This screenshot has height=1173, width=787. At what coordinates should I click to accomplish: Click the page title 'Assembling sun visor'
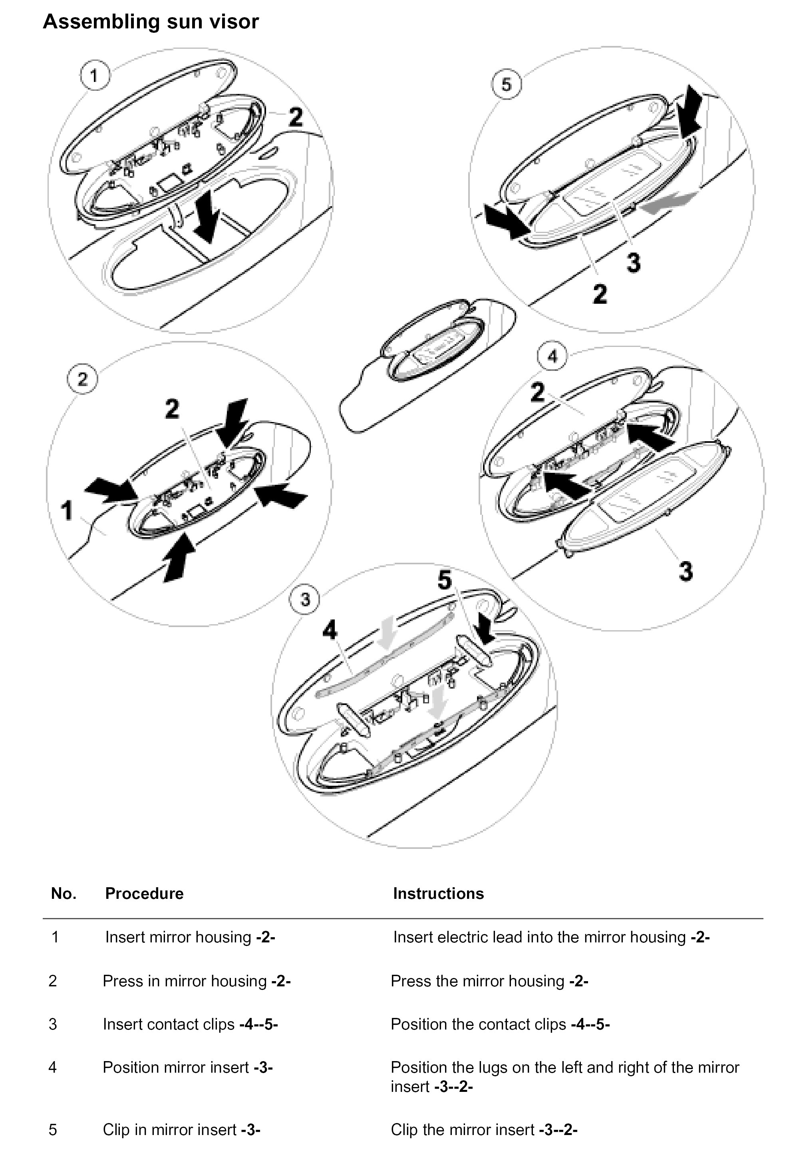point(151,22)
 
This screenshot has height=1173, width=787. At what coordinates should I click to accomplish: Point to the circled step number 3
point(305,599)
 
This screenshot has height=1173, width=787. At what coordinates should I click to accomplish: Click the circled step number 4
point(552,356)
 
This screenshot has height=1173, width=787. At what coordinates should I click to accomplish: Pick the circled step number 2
point(82,379)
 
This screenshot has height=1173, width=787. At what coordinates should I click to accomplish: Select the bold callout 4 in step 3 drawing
point(330,630)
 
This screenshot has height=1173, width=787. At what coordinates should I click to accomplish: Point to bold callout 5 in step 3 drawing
point(445,580)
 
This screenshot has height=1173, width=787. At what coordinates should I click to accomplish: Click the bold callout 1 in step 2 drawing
point(67,510)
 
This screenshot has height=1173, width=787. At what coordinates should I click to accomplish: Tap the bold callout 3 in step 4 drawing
point(686,571)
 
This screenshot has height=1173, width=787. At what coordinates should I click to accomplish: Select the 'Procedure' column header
point(144,893)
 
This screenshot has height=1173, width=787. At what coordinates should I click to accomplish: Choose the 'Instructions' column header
point(438,893)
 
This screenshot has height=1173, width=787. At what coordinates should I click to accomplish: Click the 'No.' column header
point(64,893)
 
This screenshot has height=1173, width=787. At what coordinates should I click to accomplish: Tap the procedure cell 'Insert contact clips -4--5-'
point(190,1024)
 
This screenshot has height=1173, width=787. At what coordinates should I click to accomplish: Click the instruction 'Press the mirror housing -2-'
point(489,981)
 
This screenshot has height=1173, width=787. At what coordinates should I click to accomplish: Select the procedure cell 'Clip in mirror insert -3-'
point(181,1129)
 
